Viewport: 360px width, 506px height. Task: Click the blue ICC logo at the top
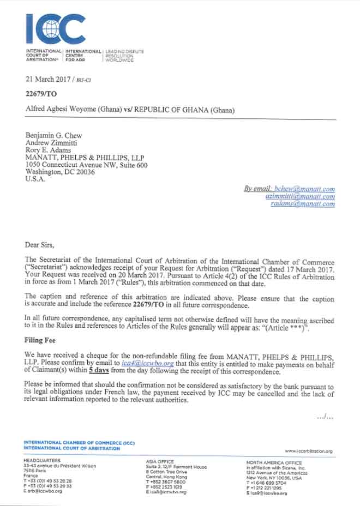pyautogui.click(x=56, y=28)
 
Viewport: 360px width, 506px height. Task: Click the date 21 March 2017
pyautogui.click(x=48, y=80)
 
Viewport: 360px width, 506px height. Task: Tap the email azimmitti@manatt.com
pyautogui.click(x=300, y=196)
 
